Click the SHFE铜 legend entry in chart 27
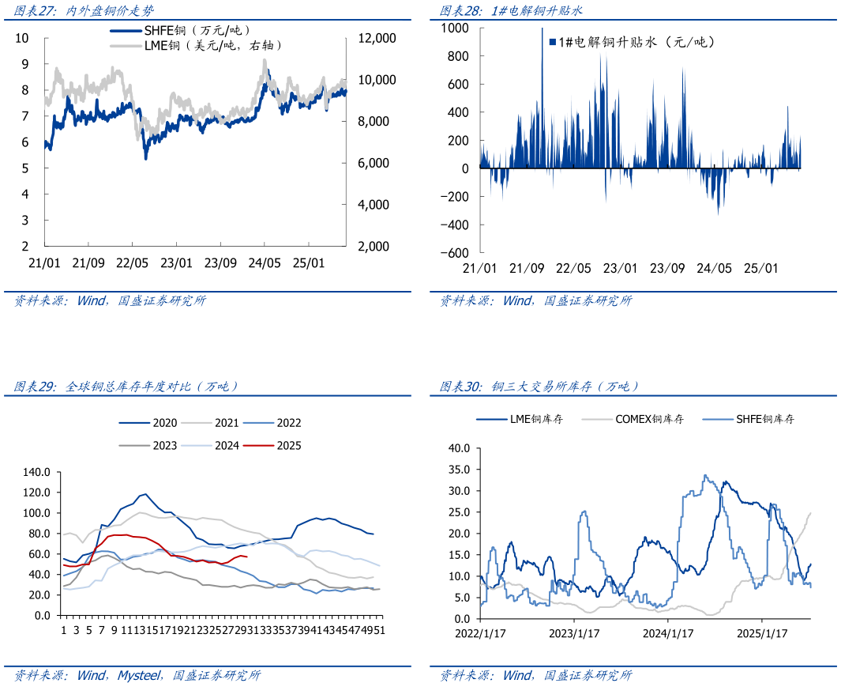click(x=182, y=30)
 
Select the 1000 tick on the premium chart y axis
click(x=455, y=28)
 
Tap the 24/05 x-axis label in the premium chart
click(x=715, y=268)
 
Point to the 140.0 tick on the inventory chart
click(x=37, y=472)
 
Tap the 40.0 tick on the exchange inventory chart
click(x=459, y=447)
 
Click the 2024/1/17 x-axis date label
click(x=668, y=633)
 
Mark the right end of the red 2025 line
click(x=247, y=557)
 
